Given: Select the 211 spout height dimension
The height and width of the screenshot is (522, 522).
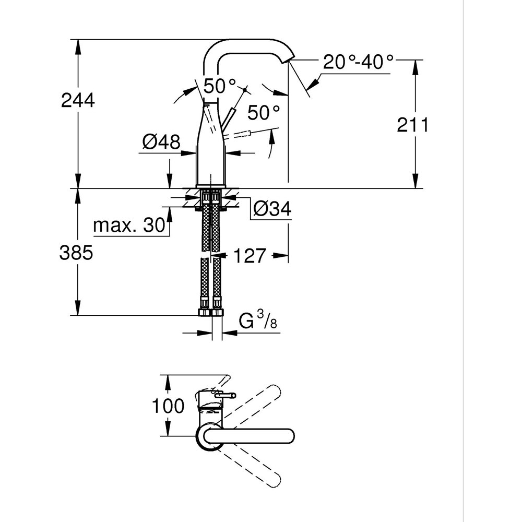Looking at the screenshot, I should [412, 125].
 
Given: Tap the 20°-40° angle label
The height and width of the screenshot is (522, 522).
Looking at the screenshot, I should [358, 63].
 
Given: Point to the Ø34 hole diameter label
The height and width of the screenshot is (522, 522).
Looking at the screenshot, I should [272, 209].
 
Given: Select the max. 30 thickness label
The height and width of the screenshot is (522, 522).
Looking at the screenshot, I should [128, 226].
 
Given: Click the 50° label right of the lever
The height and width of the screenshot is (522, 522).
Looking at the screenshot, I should [264, 112].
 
